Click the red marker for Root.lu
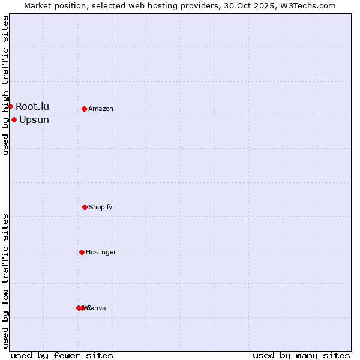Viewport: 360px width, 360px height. pyautogui.click(x=10, y=106)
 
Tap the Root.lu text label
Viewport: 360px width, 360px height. pyautogui.click(x=32, y=107)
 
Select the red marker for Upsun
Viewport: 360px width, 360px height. pyautogui.click(x=14, y=119)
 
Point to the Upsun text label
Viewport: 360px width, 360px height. pyautogui.click(x=34, y=120)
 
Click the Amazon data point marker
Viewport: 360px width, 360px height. pyautogui.click(x=84, y=109)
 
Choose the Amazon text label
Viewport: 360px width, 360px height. pyautogui.click(x=101, y=109)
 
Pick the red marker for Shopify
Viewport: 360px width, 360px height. pyautogui.click(x=85, y=207)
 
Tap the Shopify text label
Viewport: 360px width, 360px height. pyautogui.click(x=101, y=208)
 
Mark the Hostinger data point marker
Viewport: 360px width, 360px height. pyautogui.click(x=82, y=252)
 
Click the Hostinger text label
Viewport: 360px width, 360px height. pyautogui.click(x=101, y=253)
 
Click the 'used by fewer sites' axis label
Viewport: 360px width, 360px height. pyautogui.click(x=62, y=355)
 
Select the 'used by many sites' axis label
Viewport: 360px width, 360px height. pyautogui.click(x=301, y=355)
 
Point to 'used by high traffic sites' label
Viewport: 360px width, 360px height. pyautogui.click(x=5, y=85)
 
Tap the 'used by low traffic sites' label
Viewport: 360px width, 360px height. pyautogui.click(x=5, y=281)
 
